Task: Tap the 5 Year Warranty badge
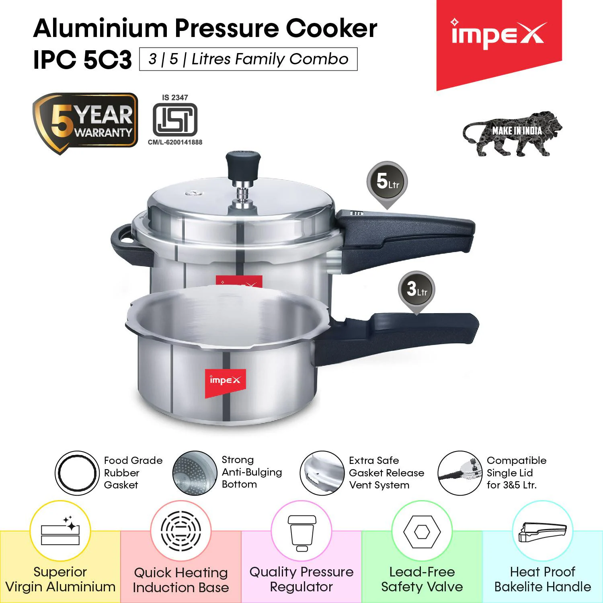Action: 85,123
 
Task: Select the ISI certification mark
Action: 175,119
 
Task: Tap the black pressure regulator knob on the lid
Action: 239,165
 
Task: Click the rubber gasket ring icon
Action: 77,472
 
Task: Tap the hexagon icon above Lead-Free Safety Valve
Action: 422,532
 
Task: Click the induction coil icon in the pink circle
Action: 181,531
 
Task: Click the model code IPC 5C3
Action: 82,60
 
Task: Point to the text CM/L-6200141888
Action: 175,142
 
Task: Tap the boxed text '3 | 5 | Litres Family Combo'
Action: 248,59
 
